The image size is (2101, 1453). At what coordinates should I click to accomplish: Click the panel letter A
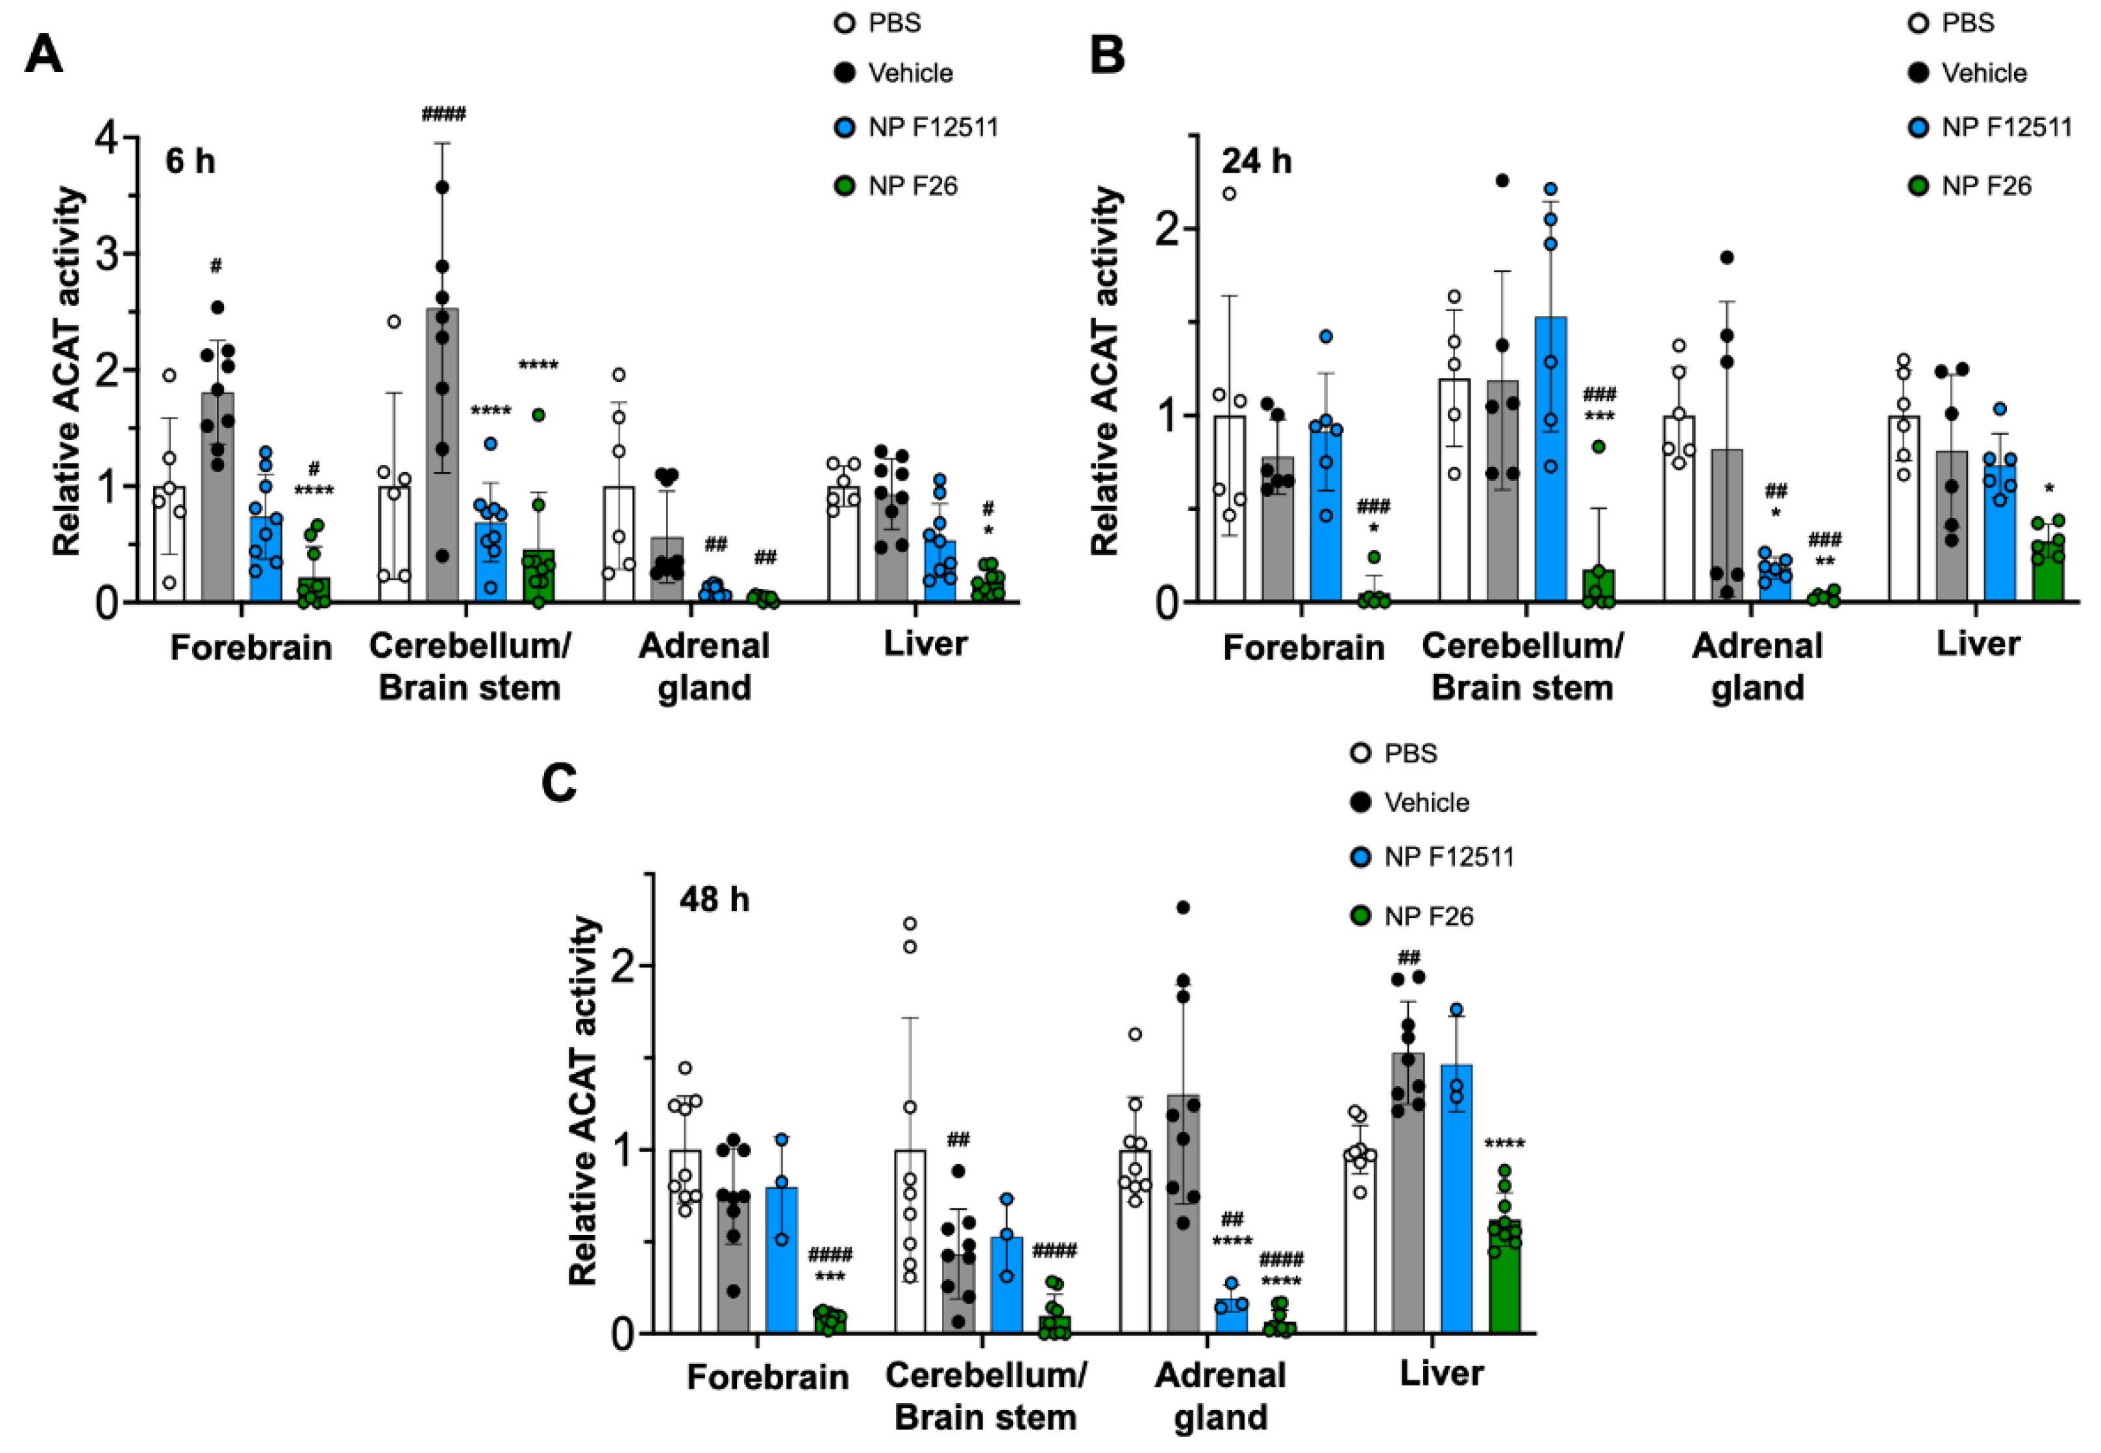[44, 55]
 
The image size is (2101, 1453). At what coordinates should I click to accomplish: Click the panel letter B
[1108, 55]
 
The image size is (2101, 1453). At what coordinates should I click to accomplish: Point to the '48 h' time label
[715, 899]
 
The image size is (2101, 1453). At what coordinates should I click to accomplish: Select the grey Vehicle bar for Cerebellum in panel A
[442, 455]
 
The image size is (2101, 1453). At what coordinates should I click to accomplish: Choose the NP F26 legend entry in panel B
[1985, 186]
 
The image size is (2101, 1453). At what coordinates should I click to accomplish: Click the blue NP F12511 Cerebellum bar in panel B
[1551, 460]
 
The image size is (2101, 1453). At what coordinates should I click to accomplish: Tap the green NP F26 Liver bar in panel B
[2048, 571]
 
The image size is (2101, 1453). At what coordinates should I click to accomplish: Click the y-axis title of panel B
[1105, 371]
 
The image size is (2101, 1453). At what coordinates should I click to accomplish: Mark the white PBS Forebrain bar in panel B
[1230, 510]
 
